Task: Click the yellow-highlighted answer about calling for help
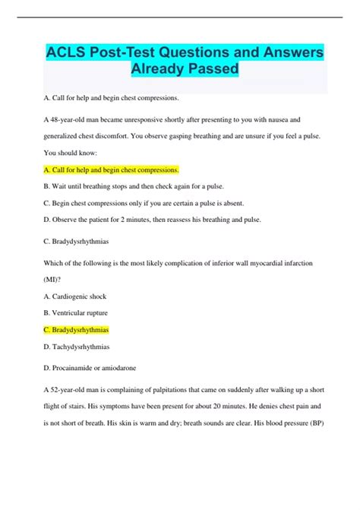112,169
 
